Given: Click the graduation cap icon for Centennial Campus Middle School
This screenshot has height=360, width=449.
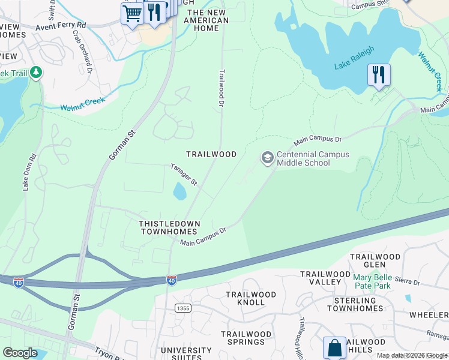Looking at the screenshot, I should pyautogui.click(x=267, y=158).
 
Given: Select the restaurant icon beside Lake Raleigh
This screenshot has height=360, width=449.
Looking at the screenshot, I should pyautogui.click(x=379, y=75).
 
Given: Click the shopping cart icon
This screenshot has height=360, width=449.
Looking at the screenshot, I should pyautogui.click(x=131, y=13).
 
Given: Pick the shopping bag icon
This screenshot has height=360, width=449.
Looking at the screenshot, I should pyautogui.click(x=334, y=347).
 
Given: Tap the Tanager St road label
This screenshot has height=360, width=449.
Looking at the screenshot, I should pyautogui.click(x=184, y=175).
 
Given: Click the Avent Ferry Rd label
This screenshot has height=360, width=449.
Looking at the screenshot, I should pyautogui.click(x=60, y=27).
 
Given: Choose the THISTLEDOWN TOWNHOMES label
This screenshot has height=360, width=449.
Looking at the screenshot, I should pyautogui.click(x=169, y=227).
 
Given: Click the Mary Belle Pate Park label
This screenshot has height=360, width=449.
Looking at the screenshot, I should pyautogui.click(x=379, y=281).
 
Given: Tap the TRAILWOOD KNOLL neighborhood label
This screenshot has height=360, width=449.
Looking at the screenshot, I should pyautogui.click(x=251, y=298).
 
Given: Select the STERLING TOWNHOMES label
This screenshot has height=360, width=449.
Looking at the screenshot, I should pyautogui.click(x=355, y=304).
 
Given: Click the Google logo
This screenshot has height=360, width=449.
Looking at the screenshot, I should pyautogui.click(x=20, y=353).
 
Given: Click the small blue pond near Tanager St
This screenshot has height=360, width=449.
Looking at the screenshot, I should pyautogui.click(x=179, y=192).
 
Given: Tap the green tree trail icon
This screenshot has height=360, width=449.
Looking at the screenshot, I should pyautogui.click(x=36, y=73).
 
